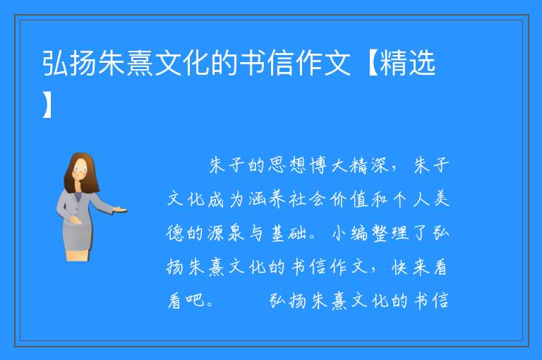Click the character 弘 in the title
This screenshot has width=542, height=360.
pos(56,63)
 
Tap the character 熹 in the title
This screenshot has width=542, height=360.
pos(140,63)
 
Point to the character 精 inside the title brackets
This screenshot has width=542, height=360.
pos(393,63)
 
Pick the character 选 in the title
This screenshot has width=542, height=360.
pos(421,63)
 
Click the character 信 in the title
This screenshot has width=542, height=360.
pos(280,63)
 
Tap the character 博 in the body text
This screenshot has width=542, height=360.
pos(318,166)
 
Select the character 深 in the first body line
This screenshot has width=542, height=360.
pos(380,166)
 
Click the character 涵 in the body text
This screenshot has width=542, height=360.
pos(257,200)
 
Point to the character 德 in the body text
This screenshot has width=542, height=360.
pos(175,233)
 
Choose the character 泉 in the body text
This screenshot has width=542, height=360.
pos(236,233)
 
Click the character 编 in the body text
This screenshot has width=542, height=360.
pos(359,233)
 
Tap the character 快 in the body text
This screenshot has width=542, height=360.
pos(400,267)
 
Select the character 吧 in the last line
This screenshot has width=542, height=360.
pos(195,300)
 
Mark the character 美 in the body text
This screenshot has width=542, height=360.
pos(441,200)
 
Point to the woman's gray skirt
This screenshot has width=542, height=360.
pos(78,235)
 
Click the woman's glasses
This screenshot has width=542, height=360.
pos(81,169)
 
